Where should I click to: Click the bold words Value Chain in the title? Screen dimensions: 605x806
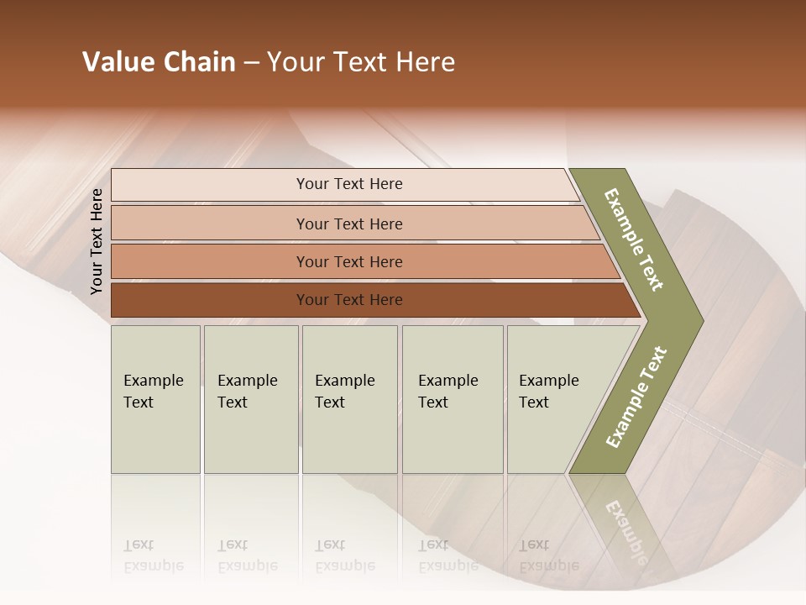(159, 62)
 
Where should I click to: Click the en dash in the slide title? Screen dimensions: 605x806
(251, 63)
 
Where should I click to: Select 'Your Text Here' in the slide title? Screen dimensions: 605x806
(361, 62)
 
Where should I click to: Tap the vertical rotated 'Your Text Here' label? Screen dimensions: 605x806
(97, 241)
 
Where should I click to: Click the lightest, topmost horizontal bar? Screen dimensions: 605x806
(348, 184)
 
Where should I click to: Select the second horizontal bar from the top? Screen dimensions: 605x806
(348, 224)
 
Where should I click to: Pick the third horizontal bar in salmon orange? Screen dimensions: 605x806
(348, 261)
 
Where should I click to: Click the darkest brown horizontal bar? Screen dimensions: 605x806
(348, 300)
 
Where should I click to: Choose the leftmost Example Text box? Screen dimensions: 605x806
(155, 399)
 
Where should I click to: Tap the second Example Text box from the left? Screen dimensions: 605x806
(250, 399)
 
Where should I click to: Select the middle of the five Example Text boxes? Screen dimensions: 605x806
(349, 399)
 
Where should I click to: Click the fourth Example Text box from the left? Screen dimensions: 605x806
(452, 399)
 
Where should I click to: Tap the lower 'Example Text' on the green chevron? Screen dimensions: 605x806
(636, 397)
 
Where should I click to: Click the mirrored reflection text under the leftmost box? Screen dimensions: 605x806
(153, 556)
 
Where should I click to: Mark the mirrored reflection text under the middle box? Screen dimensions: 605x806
(344, 556)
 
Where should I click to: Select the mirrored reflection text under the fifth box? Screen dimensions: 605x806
(548, 556)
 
